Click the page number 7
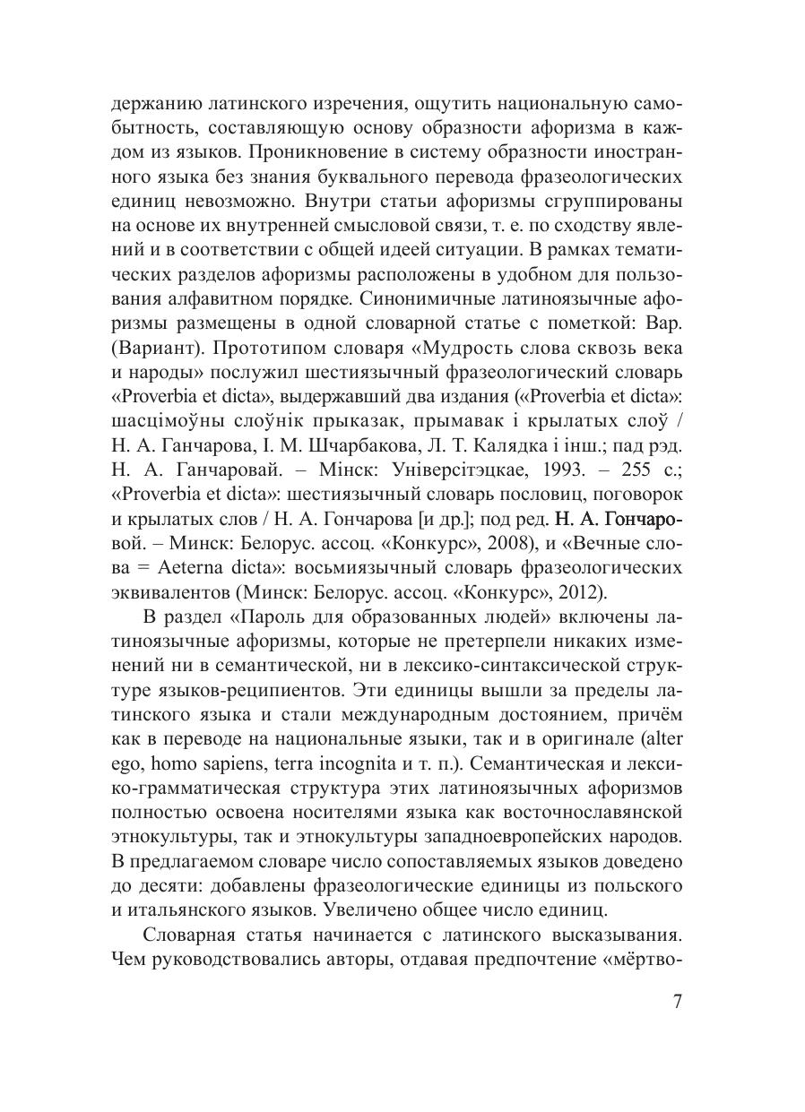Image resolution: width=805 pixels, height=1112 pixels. [678, 1003]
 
